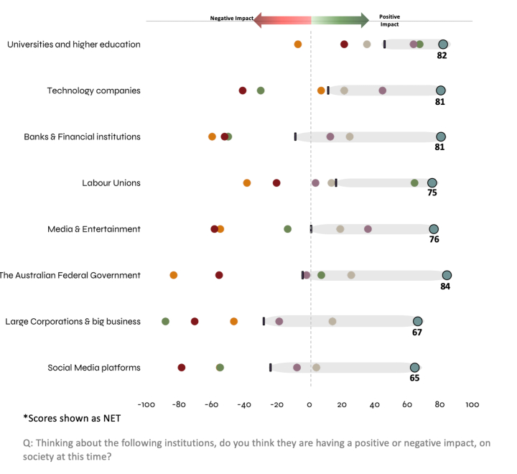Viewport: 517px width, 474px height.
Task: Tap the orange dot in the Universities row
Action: coord(298,45)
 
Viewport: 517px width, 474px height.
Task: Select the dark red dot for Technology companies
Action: coord(243,90)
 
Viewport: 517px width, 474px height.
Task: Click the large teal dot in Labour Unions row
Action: coord(432,183)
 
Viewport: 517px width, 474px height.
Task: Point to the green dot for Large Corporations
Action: coord(166,321)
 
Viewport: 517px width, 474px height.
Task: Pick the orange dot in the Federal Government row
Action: coord(174,275)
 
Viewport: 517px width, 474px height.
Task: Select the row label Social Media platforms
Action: coord(94,368)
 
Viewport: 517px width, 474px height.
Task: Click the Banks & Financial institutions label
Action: coord(83,136)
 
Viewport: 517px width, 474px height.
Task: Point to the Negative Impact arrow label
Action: coord(231,19)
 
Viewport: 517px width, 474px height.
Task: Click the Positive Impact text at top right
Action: coord(390,19)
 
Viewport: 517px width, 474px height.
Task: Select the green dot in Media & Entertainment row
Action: coord(288,229)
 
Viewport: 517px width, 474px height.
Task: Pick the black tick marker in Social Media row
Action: coord(271,368)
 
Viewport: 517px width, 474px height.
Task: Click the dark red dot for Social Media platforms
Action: coord(182,368)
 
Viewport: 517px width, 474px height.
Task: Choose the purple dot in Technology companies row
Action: coord(383,90)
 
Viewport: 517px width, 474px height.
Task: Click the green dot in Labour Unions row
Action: coord(414,183)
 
